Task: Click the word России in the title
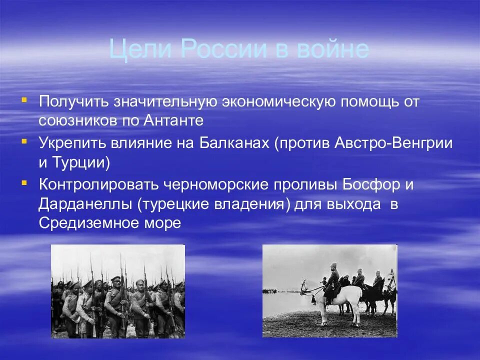pos(224,49)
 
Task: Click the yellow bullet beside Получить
pos(24,99)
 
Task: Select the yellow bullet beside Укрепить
pos(24,141)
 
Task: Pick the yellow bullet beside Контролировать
pos(24,183)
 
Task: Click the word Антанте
pos(173,120)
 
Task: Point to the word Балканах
pos(234,143)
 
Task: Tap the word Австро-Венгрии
pos(393,143)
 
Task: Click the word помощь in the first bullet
pos(369,102)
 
